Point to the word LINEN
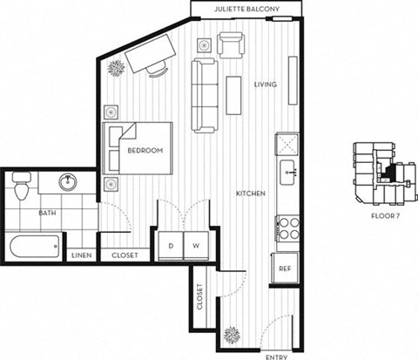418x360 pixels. [x=82, y=256]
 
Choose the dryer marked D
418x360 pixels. [x=171, y=246]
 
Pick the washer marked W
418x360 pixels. [x=196, y=246]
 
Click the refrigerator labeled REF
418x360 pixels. [x=285, y=268]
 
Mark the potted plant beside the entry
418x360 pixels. [x=232, y=334]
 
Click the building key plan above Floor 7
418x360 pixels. [x=380, y=173]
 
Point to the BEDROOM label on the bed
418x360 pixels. [x=145, y=151]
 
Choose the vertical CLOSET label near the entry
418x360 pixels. [x=200, y=298]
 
